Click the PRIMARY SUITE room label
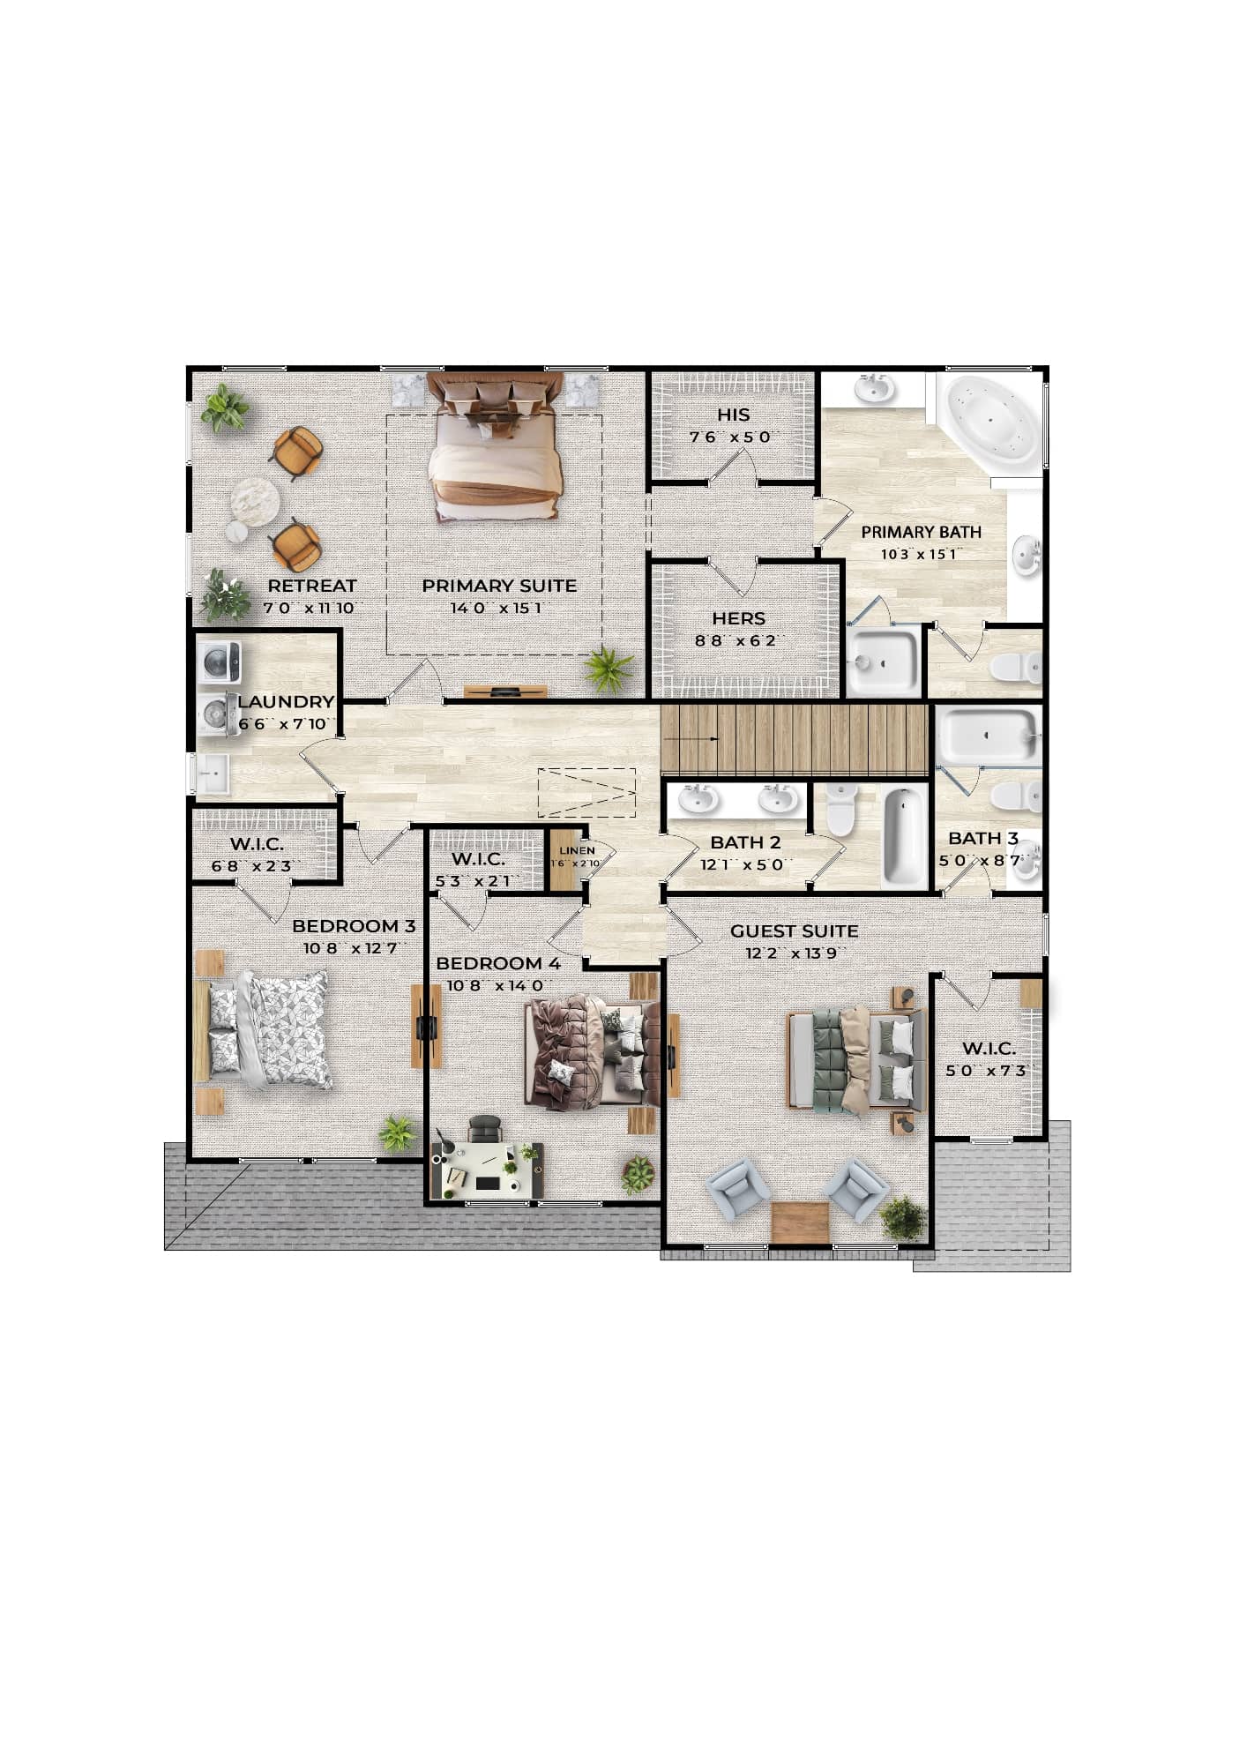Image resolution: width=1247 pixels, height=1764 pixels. coord(499,586)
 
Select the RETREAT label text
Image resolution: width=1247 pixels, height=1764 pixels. coord(312,586)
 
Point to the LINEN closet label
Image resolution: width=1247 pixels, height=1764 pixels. coord(577,850)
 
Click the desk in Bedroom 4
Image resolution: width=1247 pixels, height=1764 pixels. coord(487,1170)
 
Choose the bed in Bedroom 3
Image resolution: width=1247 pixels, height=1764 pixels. coord(266,1029)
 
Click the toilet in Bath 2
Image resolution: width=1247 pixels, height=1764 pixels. coord(841,809)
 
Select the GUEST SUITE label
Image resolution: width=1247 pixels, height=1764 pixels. coord(794,931)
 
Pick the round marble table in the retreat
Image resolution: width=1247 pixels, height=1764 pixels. coord(255,502)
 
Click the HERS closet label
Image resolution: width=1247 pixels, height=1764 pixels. coord(739,619)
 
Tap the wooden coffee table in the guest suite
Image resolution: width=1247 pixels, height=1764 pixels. coord(800,1222)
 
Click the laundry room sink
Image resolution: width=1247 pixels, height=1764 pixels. coord(212,774)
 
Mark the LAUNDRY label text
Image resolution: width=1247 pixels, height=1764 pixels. coord(286,702)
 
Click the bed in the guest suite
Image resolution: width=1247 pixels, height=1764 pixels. coord(855,1059)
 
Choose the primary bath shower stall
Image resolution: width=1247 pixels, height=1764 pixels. coord(883,661)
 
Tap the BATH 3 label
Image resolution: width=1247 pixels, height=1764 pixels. coord(983,839)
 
